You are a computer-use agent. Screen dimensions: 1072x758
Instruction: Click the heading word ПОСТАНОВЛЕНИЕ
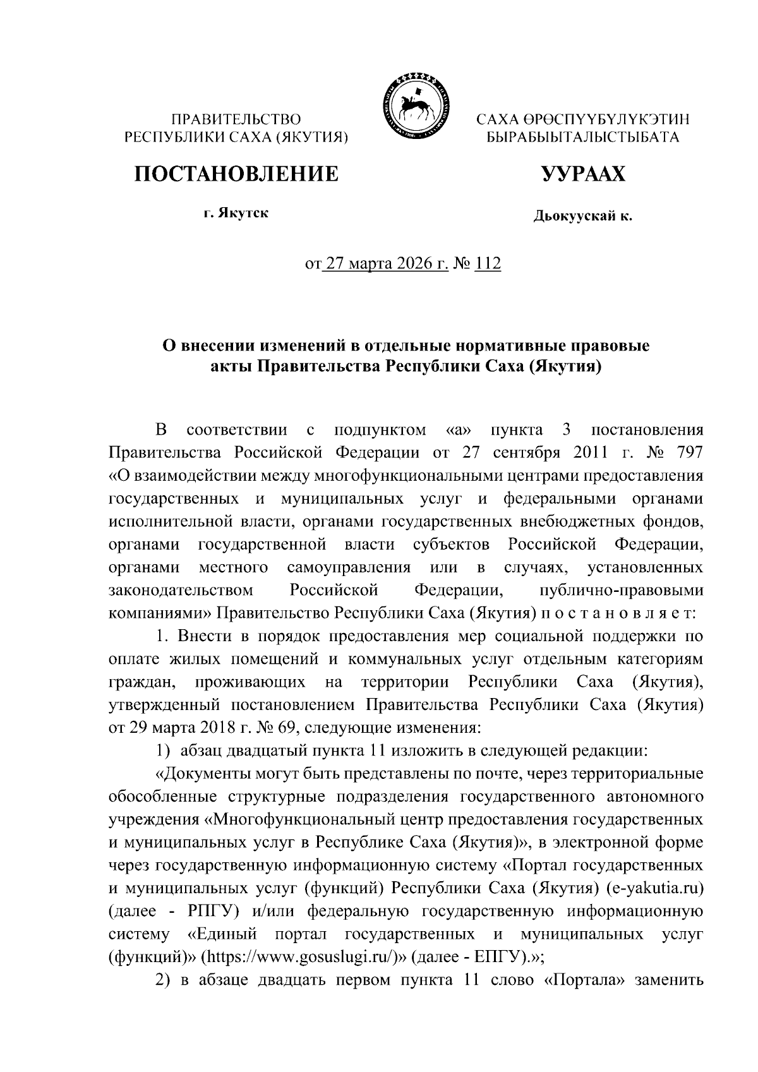[235, 172]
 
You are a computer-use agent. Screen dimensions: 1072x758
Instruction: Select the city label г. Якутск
[236, 214]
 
